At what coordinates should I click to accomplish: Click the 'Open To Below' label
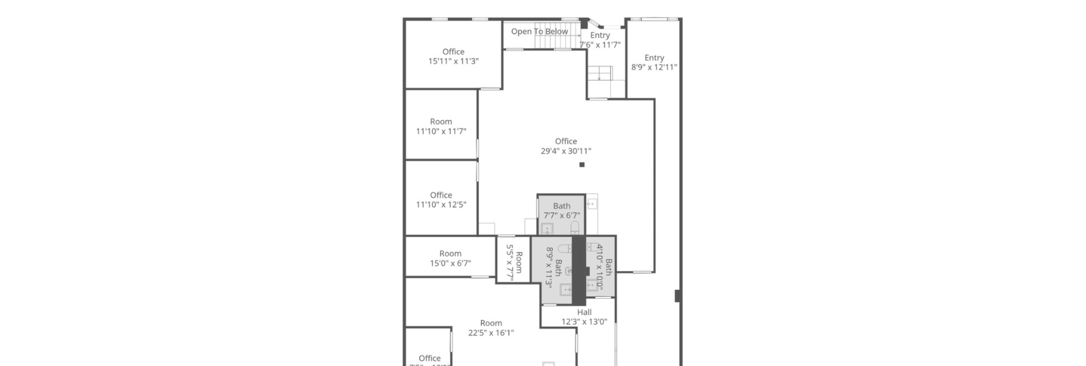539,32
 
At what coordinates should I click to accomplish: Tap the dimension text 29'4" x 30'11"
566,151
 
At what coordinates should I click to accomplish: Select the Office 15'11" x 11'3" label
453,56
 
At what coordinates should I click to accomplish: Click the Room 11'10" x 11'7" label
441,127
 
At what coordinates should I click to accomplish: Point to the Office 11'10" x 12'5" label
441,200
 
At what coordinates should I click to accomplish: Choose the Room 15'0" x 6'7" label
450,258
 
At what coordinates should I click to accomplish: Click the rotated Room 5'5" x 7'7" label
514,262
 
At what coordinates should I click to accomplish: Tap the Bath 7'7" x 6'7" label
561,211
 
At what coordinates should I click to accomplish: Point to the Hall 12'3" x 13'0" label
584,317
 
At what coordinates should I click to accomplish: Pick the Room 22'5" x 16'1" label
490,328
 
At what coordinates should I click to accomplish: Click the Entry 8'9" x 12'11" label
654,62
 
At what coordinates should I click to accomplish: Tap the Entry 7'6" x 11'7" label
600,40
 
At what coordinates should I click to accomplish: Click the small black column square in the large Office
581,165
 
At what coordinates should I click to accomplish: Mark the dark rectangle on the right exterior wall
677,295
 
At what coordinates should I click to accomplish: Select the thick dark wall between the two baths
579,270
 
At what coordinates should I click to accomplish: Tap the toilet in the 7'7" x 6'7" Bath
575,228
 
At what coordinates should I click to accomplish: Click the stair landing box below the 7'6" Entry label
600,73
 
